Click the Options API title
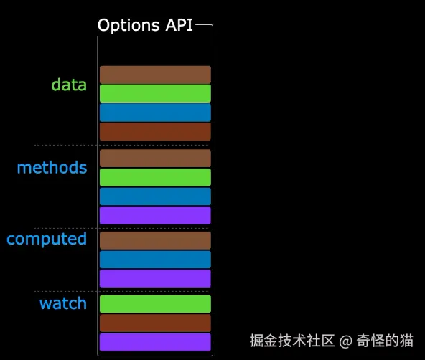[x=145, y=25]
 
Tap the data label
[x=69, y=85]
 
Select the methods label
[x=52, y=168]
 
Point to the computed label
[x=47, y=239]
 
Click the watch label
[x=63, y=303]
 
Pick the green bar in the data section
[x=155, y=94]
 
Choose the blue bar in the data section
[x=155, y=113]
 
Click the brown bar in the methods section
[x=155, y=158]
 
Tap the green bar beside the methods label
[x=155, y=177]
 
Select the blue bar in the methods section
[x=155, y=196]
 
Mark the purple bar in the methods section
[x=155, y=215]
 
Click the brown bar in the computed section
[x=155, y=240]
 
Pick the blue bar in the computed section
[x=155, y=260]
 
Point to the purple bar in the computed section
[x=155, y=278]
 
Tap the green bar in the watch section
[x=155, y=304]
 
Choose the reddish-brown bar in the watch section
[x=155, y=323]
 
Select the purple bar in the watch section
[x=155, y=342]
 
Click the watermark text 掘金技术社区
[x=292, y=340]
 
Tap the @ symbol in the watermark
[x=345, y=340]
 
